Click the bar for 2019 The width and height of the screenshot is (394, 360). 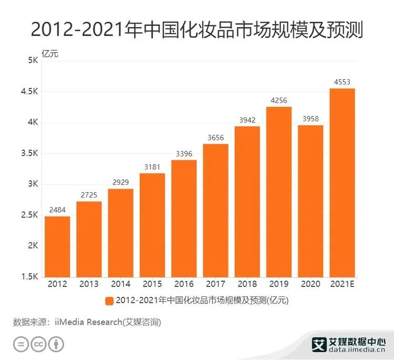279,192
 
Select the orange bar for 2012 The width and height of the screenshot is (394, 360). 57,246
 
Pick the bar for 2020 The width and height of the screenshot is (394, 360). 310,201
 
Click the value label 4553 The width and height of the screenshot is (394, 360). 342,81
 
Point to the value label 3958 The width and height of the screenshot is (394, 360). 310,118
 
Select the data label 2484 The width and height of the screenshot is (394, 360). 57,210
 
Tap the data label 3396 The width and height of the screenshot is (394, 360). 184,153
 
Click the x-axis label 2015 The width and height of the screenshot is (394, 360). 152,284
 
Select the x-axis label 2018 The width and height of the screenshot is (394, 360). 247,284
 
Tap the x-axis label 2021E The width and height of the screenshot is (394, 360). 342,284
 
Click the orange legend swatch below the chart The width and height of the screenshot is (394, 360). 109,301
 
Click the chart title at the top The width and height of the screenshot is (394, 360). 197,30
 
